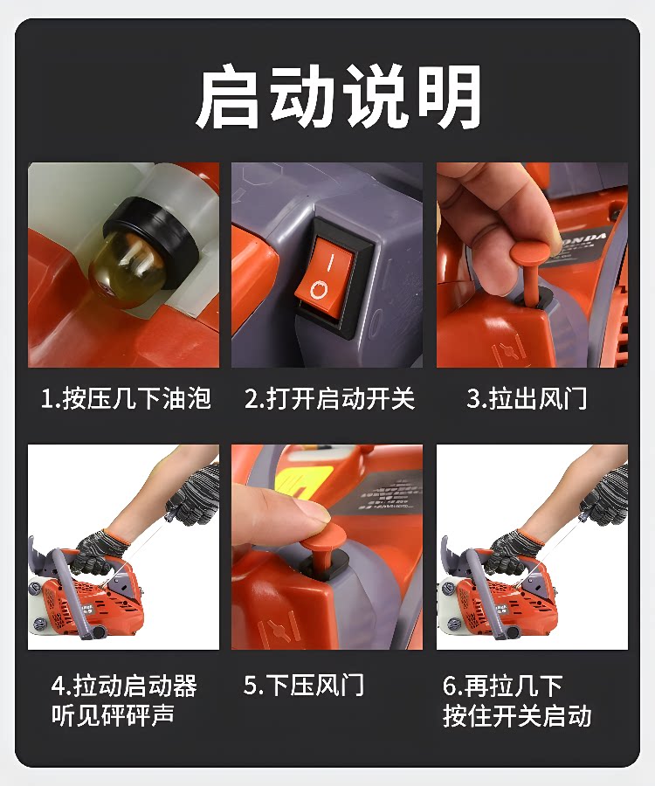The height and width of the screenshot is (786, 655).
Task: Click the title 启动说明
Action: pos(338,95)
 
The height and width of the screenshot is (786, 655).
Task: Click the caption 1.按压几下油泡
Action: pos(126,398)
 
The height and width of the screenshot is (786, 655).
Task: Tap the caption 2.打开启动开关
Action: pos(330,399)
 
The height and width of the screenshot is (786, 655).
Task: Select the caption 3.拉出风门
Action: pos(527,399)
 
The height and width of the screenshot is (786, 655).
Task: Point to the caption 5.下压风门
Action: pos(304,685)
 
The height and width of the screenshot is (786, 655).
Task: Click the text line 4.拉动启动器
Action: pos(124,686)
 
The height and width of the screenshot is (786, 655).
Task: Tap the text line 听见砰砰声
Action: pos(113,715)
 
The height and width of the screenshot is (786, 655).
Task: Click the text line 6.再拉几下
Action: pos(502,686)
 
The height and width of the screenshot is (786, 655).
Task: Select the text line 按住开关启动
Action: pos(517,715)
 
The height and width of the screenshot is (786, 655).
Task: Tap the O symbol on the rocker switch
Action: pos(320,290)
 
